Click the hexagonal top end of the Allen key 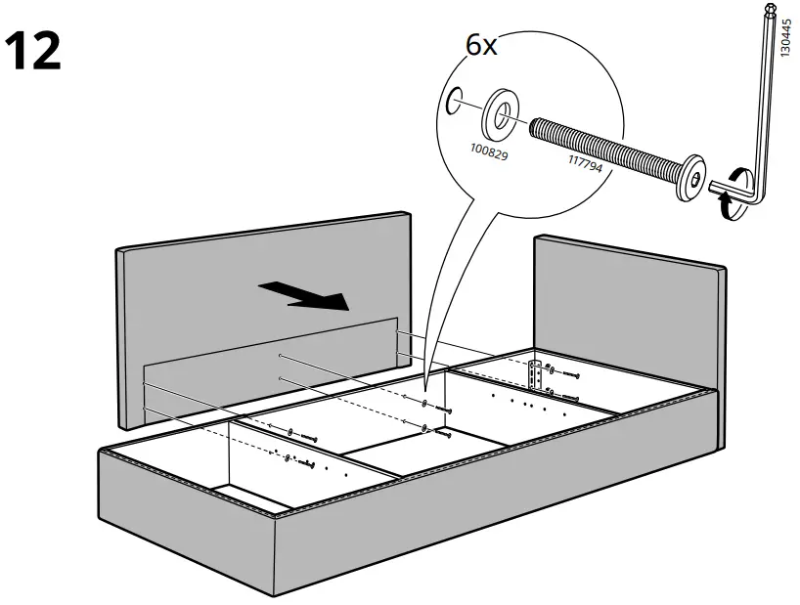pyautogui.click(x=769, y=11)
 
